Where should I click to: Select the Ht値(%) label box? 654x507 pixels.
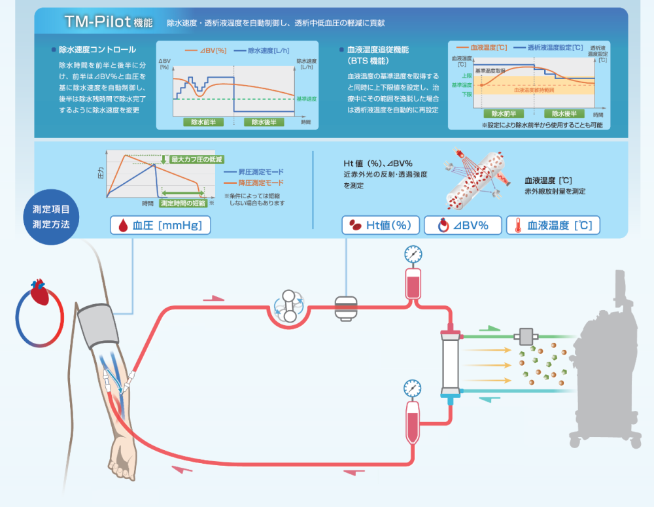381,226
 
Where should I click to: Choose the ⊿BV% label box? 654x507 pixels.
463,226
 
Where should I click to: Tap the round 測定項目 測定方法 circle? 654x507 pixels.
51,217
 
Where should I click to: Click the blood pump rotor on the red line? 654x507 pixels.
288,306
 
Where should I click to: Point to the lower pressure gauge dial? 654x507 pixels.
413,387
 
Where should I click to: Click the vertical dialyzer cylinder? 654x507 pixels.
450,363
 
